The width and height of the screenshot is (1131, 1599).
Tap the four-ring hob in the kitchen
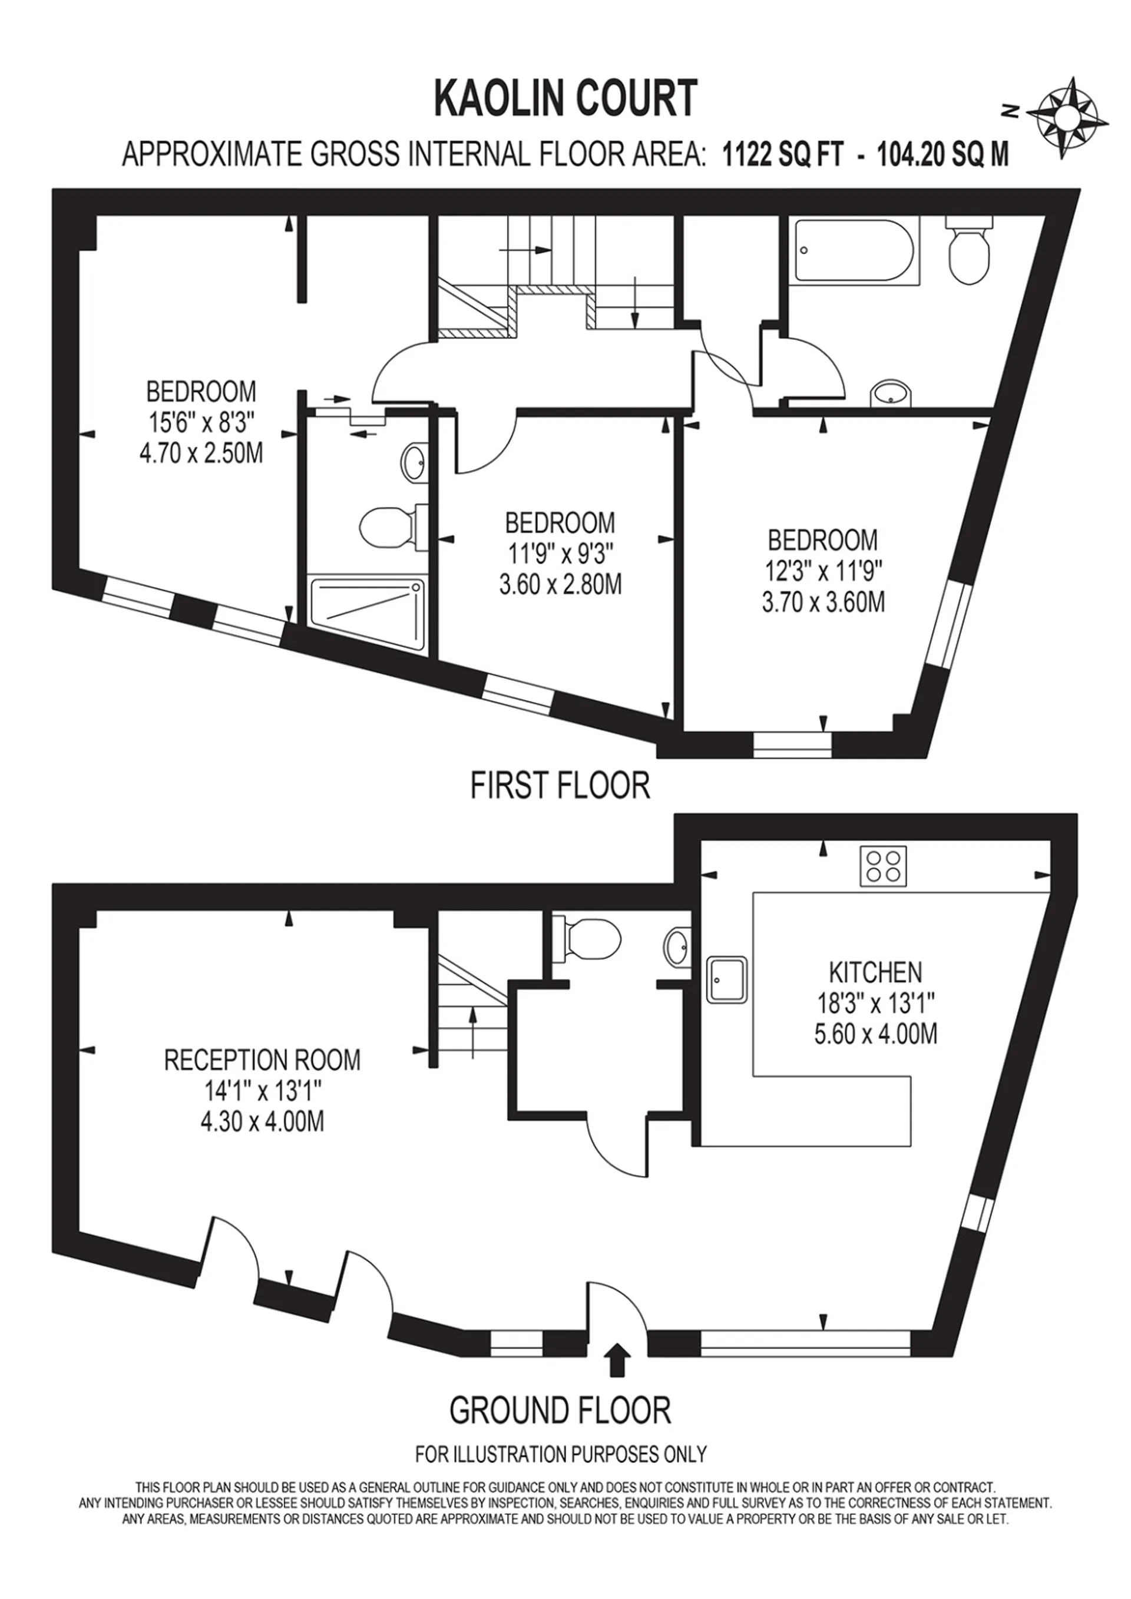point(884,866)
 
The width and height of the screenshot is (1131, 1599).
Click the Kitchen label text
point(875,972)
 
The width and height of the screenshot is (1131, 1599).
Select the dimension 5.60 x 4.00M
point(875,1034)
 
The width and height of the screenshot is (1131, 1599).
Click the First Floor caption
point(560,786)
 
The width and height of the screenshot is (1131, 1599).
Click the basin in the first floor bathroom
point(891,393)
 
